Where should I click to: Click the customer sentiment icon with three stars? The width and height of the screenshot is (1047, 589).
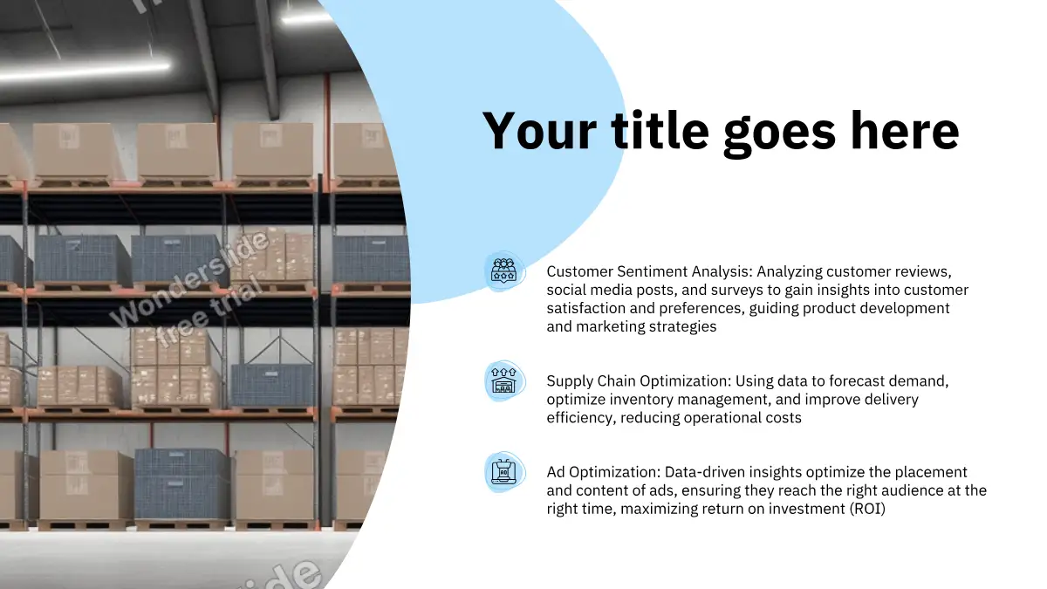click(504, 271)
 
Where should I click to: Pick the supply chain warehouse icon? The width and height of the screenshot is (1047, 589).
click(504, 381)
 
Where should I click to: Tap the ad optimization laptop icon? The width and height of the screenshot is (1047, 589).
click(504, 472)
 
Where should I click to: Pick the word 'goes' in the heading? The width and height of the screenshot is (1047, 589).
click(780, 134)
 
